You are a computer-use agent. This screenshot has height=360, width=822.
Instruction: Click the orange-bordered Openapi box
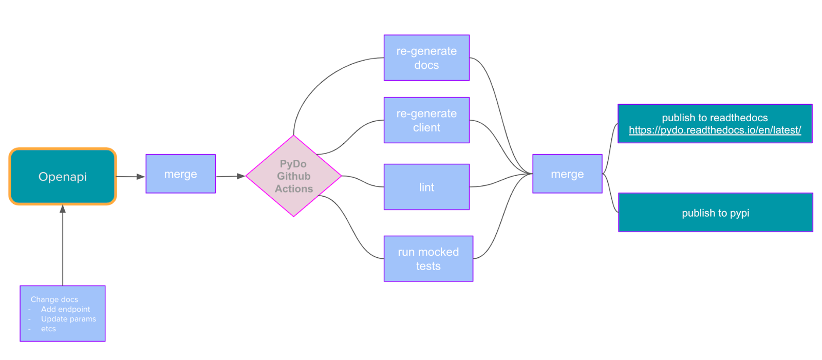63,177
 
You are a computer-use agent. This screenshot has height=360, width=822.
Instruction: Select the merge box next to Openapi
180,174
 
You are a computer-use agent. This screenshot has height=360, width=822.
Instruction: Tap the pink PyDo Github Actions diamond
293,176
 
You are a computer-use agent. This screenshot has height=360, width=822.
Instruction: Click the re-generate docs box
426,58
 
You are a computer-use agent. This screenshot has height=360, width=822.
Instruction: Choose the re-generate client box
426,120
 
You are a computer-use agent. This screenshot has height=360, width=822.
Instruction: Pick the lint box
426,187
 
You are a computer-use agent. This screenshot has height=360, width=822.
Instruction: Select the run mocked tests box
428,259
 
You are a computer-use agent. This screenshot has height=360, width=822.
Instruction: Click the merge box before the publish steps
567,174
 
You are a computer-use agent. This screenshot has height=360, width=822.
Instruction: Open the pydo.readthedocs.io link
715,130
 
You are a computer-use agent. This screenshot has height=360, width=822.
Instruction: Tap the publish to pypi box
715,213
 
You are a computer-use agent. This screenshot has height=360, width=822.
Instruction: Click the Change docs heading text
54,299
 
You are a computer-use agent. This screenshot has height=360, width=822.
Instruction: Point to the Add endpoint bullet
65,309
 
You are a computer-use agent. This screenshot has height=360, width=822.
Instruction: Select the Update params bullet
68,319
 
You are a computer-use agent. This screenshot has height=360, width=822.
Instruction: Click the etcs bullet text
48,329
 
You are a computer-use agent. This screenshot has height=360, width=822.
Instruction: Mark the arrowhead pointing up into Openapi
63,209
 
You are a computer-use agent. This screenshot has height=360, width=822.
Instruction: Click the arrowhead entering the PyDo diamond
241,176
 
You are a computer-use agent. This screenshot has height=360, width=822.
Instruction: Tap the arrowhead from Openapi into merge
141,177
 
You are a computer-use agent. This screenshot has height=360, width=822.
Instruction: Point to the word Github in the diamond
293,176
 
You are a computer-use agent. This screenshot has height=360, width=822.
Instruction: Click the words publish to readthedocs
715,118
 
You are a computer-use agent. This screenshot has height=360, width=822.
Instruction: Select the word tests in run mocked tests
428,266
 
